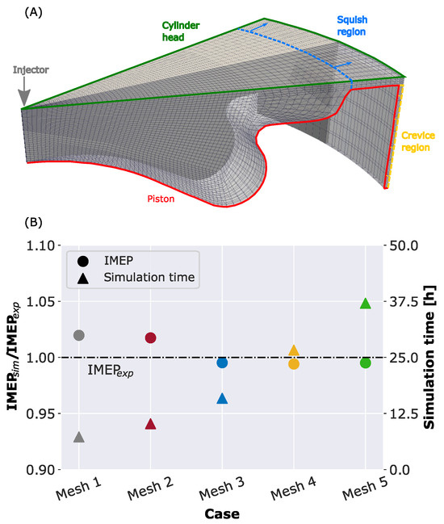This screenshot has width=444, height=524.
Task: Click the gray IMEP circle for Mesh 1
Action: pos(79,335)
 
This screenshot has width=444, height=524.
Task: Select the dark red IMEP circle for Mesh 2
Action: pos(151,337)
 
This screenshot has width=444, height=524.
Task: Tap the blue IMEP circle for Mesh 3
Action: pos(222,363)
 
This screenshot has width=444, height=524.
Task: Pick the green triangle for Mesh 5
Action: pos(366,304)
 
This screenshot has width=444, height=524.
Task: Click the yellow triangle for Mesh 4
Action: pos(294,350)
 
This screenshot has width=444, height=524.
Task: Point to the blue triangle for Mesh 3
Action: pos(222,399)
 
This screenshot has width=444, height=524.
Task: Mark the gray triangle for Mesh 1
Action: pos(79,437)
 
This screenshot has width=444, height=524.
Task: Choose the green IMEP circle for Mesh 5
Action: pos(366,363)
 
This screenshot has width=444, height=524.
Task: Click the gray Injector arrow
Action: pos(24,91)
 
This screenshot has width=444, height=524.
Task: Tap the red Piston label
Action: pos(161,199)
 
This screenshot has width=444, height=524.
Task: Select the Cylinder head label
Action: pos(181,31)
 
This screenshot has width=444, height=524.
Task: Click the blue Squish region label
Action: pos(352,26)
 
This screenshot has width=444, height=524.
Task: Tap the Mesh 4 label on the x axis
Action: pos(293,488)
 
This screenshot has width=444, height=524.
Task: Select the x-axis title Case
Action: pos(222,514)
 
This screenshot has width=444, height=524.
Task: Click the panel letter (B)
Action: pos(33,223)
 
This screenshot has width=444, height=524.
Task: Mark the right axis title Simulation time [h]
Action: pos(429,357)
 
